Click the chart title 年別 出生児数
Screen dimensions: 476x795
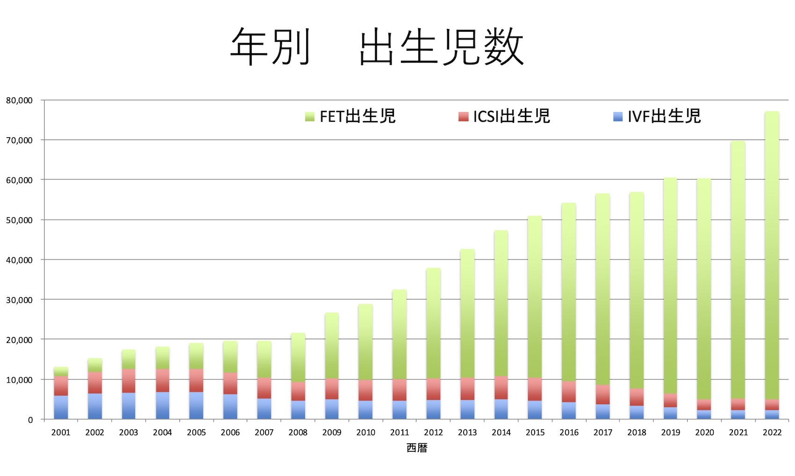(377, 47)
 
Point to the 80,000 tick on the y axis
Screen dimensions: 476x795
(20, 100)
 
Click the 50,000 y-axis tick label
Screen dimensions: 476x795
(20, 220)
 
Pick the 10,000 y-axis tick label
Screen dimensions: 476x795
(20, 380)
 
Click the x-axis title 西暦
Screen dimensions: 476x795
(417, 448)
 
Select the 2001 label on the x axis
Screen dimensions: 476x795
(61, 433)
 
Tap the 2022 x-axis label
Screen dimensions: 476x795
(772, 433)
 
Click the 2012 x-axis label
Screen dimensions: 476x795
(433, 433)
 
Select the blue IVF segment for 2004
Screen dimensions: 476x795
(163, 406)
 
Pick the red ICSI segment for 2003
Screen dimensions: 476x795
(129, 381)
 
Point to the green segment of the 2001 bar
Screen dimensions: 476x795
(61, 371)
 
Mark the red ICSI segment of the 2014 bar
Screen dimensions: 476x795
(501, 388)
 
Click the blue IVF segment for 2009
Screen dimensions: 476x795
(332, 409)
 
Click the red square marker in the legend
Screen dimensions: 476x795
(463, 117)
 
